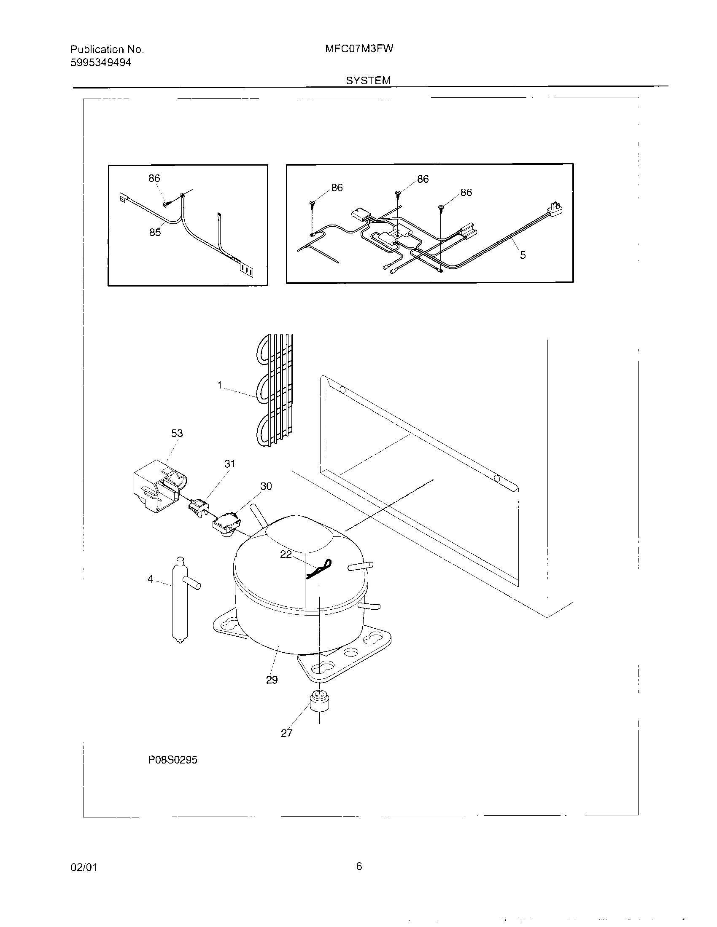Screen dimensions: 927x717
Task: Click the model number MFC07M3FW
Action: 359,49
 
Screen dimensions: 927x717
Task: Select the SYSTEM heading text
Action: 368,80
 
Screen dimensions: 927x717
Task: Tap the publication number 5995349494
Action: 101,63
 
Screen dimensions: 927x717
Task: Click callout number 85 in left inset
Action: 155,232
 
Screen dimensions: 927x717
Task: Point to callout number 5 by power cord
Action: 523,255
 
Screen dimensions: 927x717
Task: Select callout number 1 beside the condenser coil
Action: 220,385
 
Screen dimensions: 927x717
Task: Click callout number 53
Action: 177,433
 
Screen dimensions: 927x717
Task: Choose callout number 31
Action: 229,464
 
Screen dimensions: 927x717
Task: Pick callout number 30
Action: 266,486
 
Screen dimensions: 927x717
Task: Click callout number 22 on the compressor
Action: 286,554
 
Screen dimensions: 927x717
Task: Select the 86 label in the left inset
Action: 154,178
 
